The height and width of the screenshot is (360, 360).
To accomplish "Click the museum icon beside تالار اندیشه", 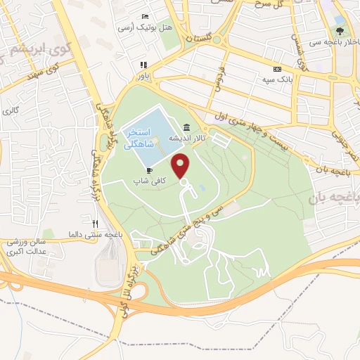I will (186, 127).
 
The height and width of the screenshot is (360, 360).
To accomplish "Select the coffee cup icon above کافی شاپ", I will (149, 171).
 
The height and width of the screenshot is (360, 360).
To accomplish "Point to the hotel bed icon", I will (145, 16).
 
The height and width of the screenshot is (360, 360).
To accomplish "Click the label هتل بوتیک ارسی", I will (146, 27).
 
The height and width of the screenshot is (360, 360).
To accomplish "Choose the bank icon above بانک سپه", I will (277, 70).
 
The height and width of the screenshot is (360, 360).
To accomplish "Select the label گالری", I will (11, 111).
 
